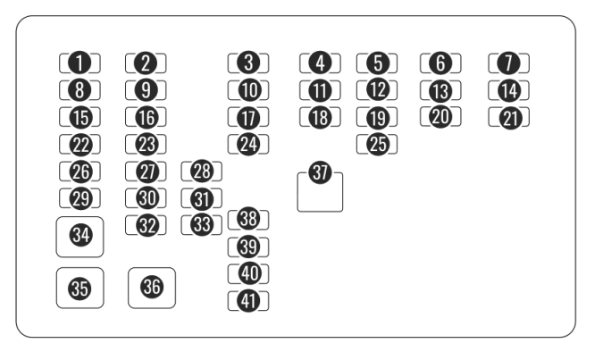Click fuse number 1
coord(80,63)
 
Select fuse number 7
coord(509,63)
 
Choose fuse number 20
coord(440,116)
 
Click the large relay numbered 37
coord(320,187)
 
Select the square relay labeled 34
coord(80,235)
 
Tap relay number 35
coord(80,287)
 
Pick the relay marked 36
coord(151,287)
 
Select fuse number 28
coord(202,171)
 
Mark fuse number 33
coord(202,224)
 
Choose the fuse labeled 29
coord(80,197)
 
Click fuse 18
coord(320,116)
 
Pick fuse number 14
coord(509,89)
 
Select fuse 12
coord(377,89)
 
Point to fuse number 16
coord(147,116)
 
